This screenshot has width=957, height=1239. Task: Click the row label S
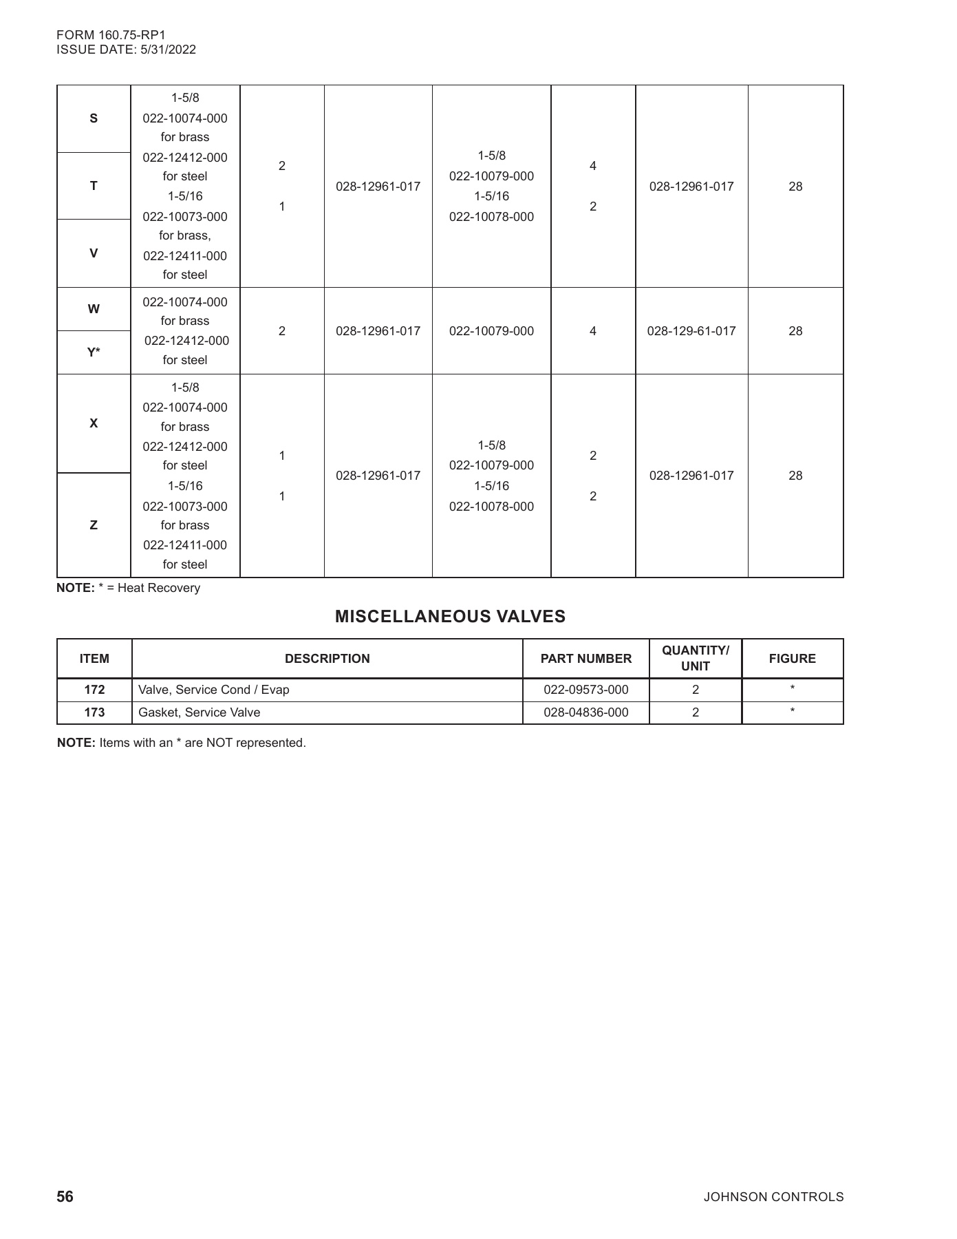[x=94, y=118]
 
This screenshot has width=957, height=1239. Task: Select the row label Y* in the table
[x=94, y=352]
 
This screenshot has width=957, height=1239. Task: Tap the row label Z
[x=94, y=525]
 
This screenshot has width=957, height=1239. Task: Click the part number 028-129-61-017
[x=691, y=331]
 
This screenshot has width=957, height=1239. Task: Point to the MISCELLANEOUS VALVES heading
[x=450, y=617]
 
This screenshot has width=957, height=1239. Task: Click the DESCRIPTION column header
[x=327, y=659]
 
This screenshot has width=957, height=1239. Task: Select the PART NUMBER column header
[x=585, y=659]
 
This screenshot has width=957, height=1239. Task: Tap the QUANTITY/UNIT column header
[x=695, y=658]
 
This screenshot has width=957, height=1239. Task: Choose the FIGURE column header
[x=792, y=659]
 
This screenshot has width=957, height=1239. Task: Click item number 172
[x=94, y=690]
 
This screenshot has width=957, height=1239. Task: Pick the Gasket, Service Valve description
[x=200, y=712]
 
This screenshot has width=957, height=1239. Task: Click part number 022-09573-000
[x=585, y=690]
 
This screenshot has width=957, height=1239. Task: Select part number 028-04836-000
[x=585, y=712]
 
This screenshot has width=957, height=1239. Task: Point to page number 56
[x=65, y=1197]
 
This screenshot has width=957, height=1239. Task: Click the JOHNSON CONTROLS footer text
[x=773, y=1197]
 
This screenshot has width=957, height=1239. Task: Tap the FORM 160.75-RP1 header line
[x=111, y=35]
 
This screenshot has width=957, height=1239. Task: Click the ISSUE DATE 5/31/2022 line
[x=126, y=50]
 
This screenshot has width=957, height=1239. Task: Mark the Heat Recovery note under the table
[x=129, y=588]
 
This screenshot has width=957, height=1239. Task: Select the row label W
[x=94, y=309]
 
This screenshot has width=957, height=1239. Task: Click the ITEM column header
[x=94, y=659]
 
